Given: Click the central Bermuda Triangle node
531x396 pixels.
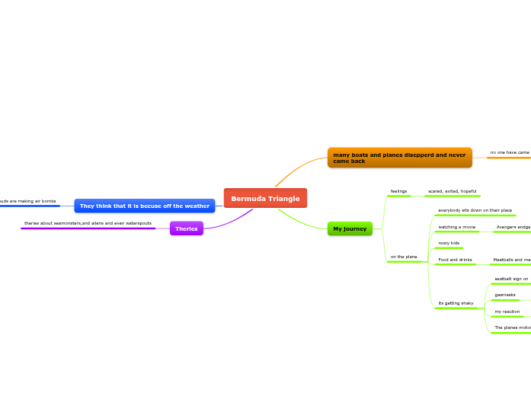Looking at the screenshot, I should [x=265, y=198].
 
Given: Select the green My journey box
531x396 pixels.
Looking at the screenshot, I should [x=350, y=228].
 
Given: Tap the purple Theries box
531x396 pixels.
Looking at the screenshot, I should [x=187, y=228].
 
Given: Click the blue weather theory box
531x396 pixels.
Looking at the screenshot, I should [x=144, y=206].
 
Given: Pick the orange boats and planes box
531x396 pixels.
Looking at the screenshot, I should [x=399, y=158].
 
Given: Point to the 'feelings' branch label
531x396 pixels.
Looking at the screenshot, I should [x=398, y=191].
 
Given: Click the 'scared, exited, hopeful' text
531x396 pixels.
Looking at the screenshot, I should [x=452, y=191].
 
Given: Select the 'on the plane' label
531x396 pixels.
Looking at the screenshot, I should [x=404, y=257].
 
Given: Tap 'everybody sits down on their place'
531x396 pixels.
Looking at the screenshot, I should [x=475, y=210].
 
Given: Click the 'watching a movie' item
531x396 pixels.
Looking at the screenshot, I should [x=456, y=227].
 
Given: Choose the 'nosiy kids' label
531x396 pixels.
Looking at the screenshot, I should [x=449, y=243].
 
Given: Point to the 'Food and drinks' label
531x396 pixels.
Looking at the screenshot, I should [x=455, y=260].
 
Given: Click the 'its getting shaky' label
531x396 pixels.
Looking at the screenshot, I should [x=456, y=303].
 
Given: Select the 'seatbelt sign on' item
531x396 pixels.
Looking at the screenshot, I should [x=510, y=279].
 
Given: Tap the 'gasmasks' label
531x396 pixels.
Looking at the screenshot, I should [x=504, y=295].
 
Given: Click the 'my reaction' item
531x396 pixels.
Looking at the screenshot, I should [x=507, y=311].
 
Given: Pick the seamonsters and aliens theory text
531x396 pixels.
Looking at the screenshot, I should [x=88, y=223].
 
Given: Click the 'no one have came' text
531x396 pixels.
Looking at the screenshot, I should [x=509, y=152].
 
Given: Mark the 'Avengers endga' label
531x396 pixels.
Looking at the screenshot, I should [x=513, y=227].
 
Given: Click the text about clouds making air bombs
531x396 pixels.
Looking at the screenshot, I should [x=27, y=201].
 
